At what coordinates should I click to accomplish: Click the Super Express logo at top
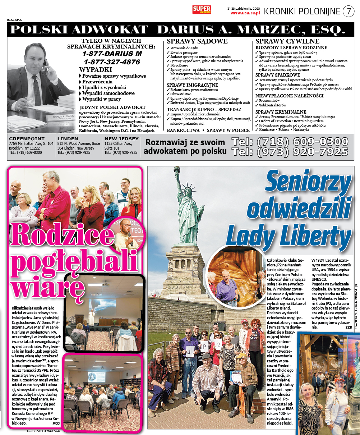coord(202,10)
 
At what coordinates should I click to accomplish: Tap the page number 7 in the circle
coord(348,11)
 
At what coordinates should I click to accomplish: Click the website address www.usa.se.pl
coord(245,13)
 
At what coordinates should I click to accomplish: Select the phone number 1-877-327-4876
coord(112,62)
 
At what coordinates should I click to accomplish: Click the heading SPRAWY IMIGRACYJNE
coord(192,85)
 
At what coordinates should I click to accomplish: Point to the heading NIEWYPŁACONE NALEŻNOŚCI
coord(289,96)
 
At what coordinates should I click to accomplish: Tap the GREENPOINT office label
coord(27,139)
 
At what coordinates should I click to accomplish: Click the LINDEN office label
coord(68,139)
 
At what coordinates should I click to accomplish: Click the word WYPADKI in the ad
coord(96,69)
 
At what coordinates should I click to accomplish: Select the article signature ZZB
coord(349,327)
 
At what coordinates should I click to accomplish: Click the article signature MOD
coord(56,423)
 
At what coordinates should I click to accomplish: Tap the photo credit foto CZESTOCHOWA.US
coord(43,431)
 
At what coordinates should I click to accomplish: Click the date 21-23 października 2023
coord(244,8)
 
